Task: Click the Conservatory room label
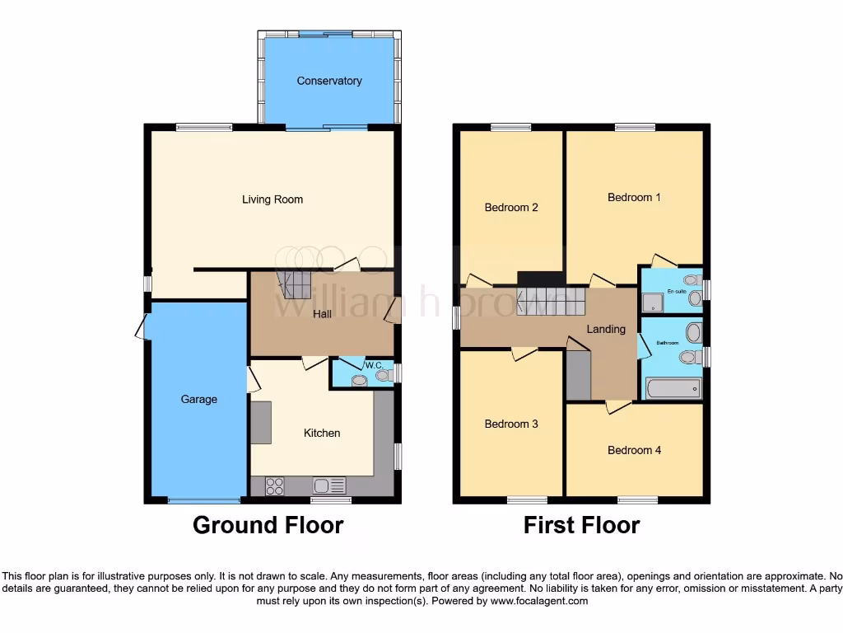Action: (329, 81)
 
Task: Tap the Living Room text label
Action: (272, 199)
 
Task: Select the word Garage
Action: (199, 400)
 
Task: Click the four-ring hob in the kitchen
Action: (275, 486)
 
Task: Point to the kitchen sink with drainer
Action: (331, 486)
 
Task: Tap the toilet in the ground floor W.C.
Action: (381, 376)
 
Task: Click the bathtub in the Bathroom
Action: (673, 387)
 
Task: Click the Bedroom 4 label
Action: (634, 450)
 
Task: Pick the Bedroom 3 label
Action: (510, 424)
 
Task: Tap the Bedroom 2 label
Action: (510, 208)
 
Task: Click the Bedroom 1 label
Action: (634, 198)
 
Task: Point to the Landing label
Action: (606, 329)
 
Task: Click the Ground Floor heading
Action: (268, 525)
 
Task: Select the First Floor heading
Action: (581, 525)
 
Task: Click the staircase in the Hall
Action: (292, 286)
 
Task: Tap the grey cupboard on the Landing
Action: (578, 374)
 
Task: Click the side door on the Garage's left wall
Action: (142, 328)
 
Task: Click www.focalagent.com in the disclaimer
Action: (540, 602)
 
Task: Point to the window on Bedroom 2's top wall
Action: (510, 127)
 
